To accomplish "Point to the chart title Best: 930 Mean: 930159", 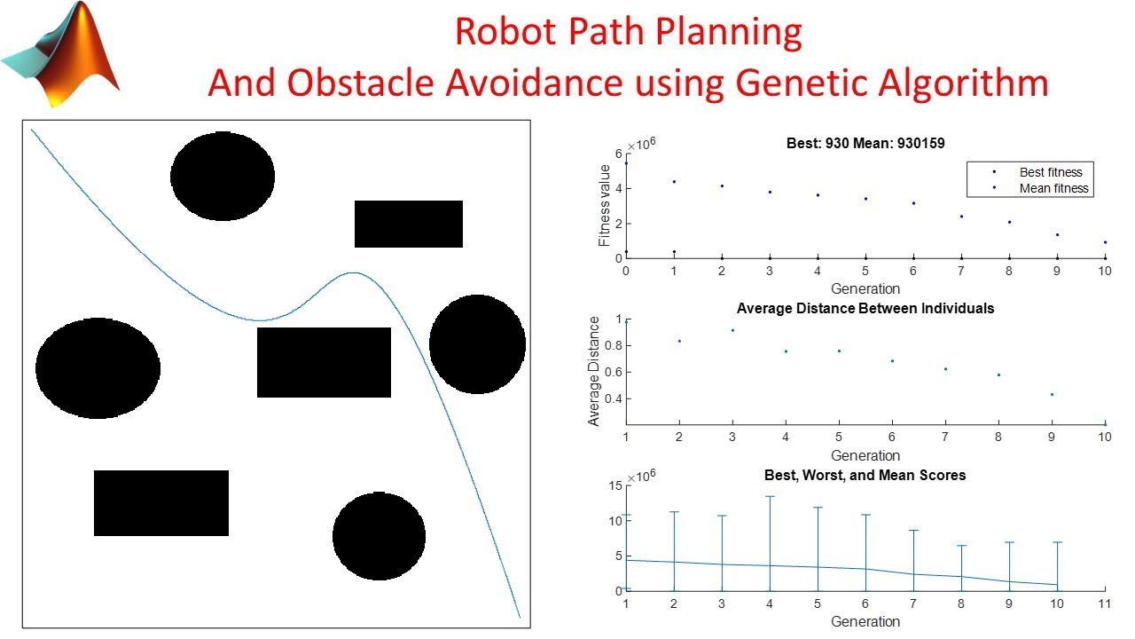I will (x=865, y=142).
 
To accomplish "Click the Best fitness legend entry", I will (x=1051, y=172).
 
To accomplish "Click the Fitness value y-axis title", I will (x=605, y=205).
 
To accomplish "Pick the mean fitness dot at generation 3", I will (x=770, y=192).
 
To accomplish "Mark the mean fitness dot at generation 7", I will (x=961, y=217).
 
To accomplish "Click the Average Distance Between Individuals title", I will (x=865, y=309).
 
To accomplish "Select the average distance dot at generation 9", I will (x=1052, y=394).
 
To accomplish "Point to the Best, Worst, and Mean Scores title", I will (x=865, y=476).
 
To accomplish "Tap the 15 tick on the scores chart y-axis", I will (x=614, y=485).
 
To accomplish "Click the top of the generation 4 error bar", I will (x=770, y=496).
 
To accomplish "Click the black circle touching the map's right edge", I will (x=477, y=344).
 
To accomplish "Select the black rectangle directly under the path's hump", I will (x=324, y=362).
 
